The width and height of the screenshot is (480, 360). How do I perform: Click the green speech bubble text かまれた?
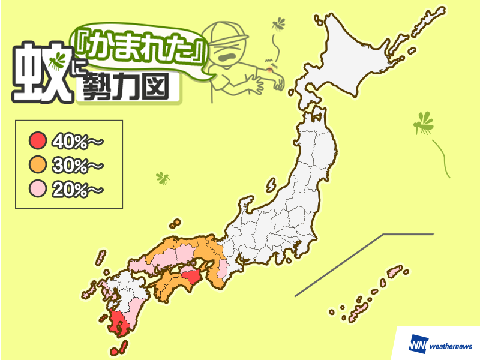point(142,55)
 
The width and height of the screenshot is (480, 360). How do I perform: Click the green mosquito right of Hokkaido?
point(424,124)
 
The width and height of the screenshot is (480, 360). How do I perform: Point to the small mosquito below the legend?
point(163,178)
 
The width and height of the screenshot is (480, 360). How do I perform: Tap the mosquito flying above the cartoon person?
point(278,24)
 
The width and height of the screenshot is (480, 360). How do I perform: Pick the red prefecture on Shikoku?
point(191,278)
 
